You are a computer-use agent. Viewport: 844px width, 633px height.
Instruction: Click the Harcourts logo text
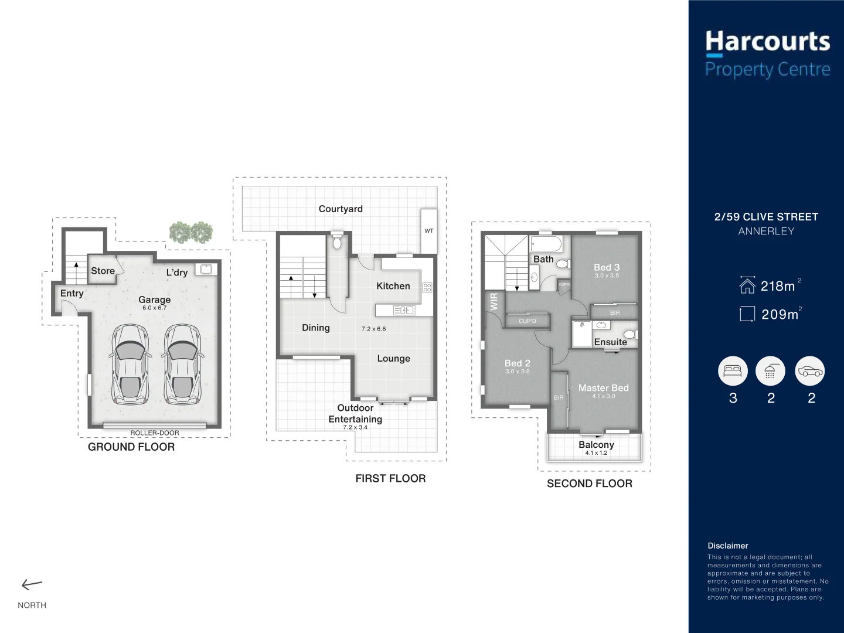(767, 42)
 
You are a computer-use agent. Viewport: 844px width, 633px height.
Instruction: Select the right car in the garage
(182, 365)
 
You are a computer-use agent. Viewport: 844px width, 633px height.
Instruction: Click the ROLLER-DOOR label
(155, 433)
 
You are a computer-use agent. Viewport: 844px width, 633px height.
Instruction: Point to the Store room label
(103, 271)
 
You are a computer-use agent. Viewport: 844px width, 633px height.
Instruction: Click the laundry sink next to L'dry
(206, 270)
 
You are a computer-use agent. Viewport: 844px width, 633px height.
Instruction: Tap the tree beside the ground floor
(191, 232)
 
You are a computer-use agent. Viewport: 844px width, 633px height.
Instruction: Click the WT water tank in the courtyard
(429, 231)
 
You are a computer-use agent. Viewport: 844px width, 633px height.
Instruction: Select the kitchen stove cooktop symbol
(427, 287)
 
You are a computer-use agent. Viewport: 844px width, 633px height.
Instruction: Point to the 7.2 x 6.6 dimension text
(373, 329)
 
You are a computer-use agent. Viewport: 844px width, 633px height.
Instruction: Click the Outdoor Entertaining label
(355, 413)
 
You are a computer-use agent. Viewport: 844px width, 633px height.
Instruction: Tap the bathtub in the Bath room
(546, 244)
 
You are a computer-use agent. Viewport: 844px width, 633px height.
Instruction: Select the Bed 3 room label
(606, 267)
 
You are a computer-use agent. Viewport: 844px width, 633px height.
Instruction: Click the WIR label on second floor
(494, 301)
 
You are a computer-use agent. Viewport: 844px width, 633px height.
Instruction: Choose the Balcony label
(596, 445)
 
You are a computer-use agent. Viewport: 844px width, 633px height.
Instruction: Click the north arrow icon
(32, 584)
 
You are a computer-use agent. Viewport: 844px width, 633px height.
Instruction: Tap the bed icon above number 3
(733, 371)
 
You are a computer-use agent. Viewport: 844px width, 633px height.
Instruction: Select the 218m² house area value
(778, 286)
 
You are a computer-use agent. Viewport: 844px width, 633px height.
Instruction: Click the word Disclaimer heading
(727, 546)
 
